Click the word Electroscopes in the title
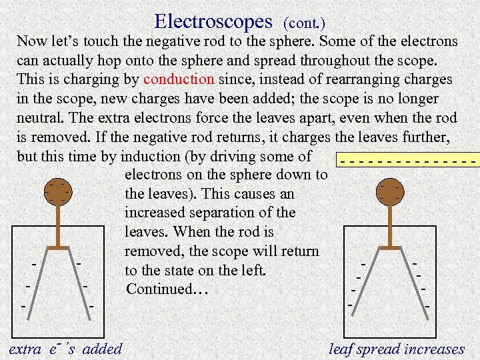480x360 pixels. coord(213,21)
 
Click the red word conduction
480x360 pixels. coord(179,79)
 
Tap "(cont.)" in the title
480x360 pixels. coord(305,23)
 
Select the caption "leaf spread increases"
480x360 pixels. coord(397,349)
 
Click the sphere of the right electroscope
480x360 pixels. coord(390,192)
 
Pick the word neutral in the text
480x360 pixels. coord(39,118)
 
